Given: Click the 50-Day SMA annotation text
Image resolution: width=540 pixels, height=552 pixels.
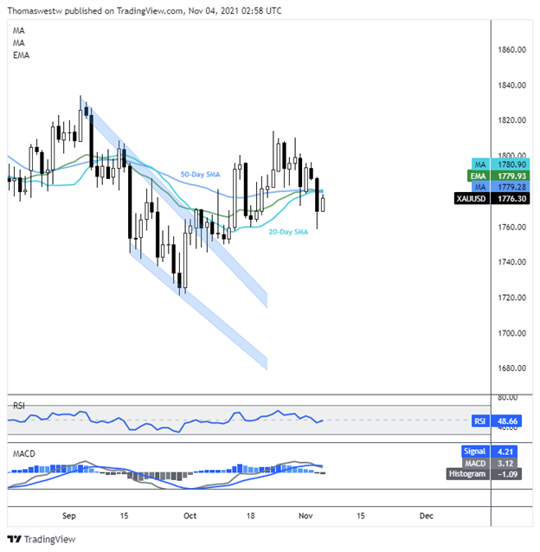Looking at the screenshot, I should (199, 175).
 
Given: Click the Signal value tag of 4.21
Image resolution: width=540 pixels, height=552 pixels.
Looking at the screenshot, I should (490, 451).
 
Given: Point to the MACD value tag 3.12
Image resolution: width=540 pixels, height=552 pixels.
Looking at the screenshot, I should (490, 462).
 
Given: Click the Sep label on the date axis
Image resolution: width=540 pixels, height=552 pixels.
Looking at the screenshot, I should (71, 515).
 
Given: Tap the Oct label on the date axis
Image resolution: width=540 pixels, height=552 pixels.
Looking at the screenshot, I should (189, 515).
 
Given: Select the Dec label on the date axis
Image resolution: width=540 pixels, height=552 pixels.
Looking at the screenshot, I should (425, 515).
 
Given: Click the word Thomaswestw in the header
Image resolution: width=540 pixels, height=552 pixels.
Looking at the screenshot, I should (33, 10).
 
